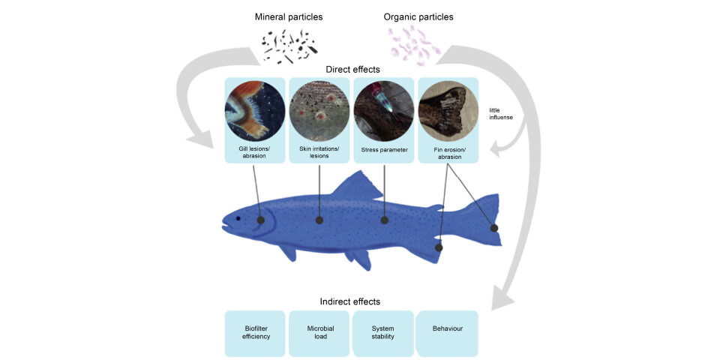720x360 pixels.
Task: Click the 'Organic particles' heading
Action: [x=418, y=16]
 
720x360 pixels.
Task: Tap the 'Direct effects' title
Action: [x=352, y=69]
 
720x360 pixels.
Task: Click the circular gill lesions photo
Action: [x=254, y=112]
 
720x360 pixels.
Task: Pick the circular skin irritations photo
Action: [x=319, y=112]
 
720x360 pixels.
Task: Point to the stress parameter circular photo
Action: [x=384, y=112]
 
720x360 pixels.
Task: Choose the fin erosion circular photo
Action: [x=448, y=112]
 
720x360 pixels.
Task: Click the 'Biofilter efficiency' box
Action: [x=255, y=333]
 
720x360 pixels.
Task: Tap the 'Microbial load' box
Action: [x=319, y=333]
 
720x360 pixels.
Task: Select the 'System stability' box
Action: [x=383, y=333]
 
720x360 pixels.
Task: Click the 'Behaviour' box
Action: [x=448, y=328]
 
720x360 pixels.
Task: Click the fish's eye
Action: [x=239, y=218]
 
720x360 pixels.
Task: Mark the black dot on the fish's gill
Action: [x=261, y=220]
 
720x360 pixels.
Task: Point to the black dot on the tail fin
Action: [x=494, y=227]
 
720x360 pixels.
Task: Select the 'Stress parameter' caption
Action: [x=384, y=150]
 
